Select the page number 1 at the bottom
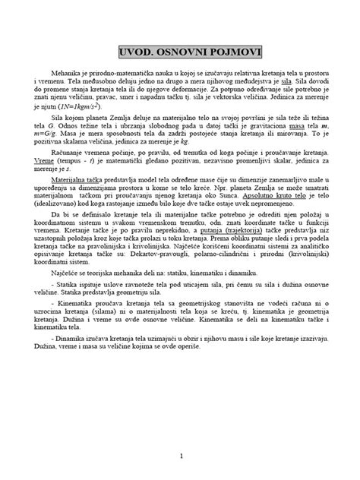click(x=180, y=456)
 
